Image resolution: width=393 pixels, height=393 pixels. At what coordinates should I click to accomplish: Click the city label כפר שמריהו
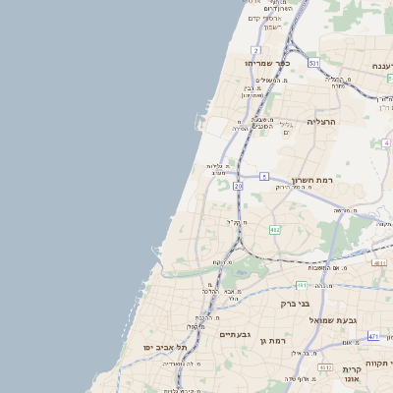[263, 62]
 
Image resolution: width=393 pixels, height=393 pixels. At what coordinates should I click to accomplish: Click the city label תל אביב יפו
[164, 347]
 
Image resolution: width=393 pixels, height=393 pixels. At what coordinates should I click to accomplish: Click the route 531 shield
[312, 63]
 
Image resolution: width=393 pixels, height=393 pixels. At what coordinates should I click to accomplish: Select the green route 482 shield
[274, 229]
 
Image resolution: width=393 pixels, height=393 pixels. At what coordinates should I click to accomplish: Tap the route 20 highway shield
[238, 185]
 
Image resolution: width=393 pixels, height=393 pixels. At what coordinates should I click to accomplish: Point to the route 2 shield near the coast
[255, 49]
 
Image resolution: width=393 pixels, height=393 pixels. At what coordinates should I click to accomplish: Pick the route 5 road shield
[264, 176]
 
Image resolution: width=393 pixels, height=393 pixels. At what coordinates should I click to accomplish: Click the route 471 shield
[373, 337]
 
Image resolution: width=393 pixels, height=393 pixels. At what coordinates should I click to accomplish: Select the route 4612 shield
[325, 365]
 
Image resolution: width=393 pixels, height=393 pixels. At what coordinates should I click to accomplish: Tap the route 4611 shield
[379, 263]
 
